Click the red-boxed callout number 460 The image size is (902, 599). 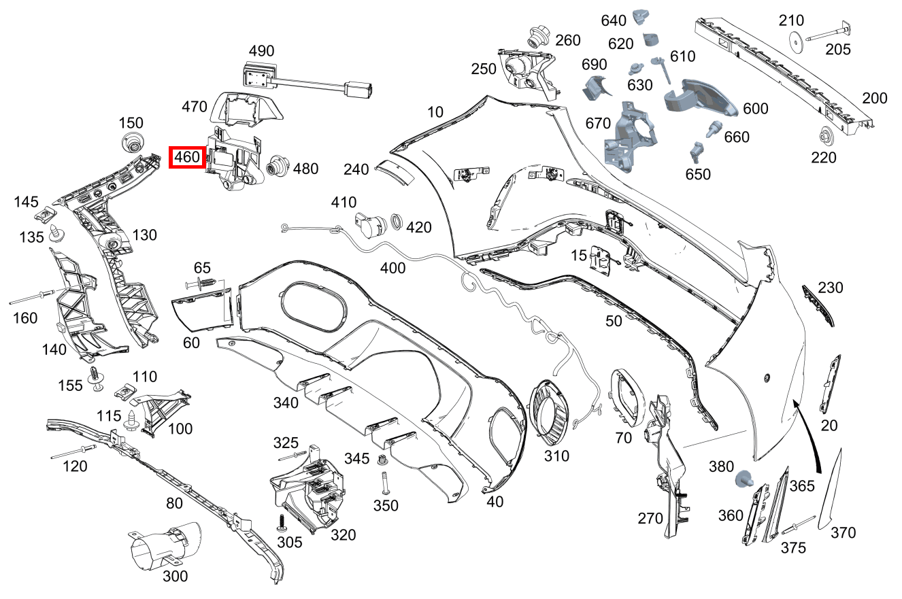click(x=187, y=158)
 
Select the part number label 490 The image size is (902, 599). click(x=261, y=51)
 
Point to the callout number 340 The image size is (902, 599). click(x=286, y=403)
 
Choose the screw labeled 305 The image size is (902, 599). click(x=282, y=524)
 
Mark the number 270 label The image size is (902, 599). click(x=650, y=519)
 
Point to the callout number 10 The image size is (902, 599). click(x=435, y=111)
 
